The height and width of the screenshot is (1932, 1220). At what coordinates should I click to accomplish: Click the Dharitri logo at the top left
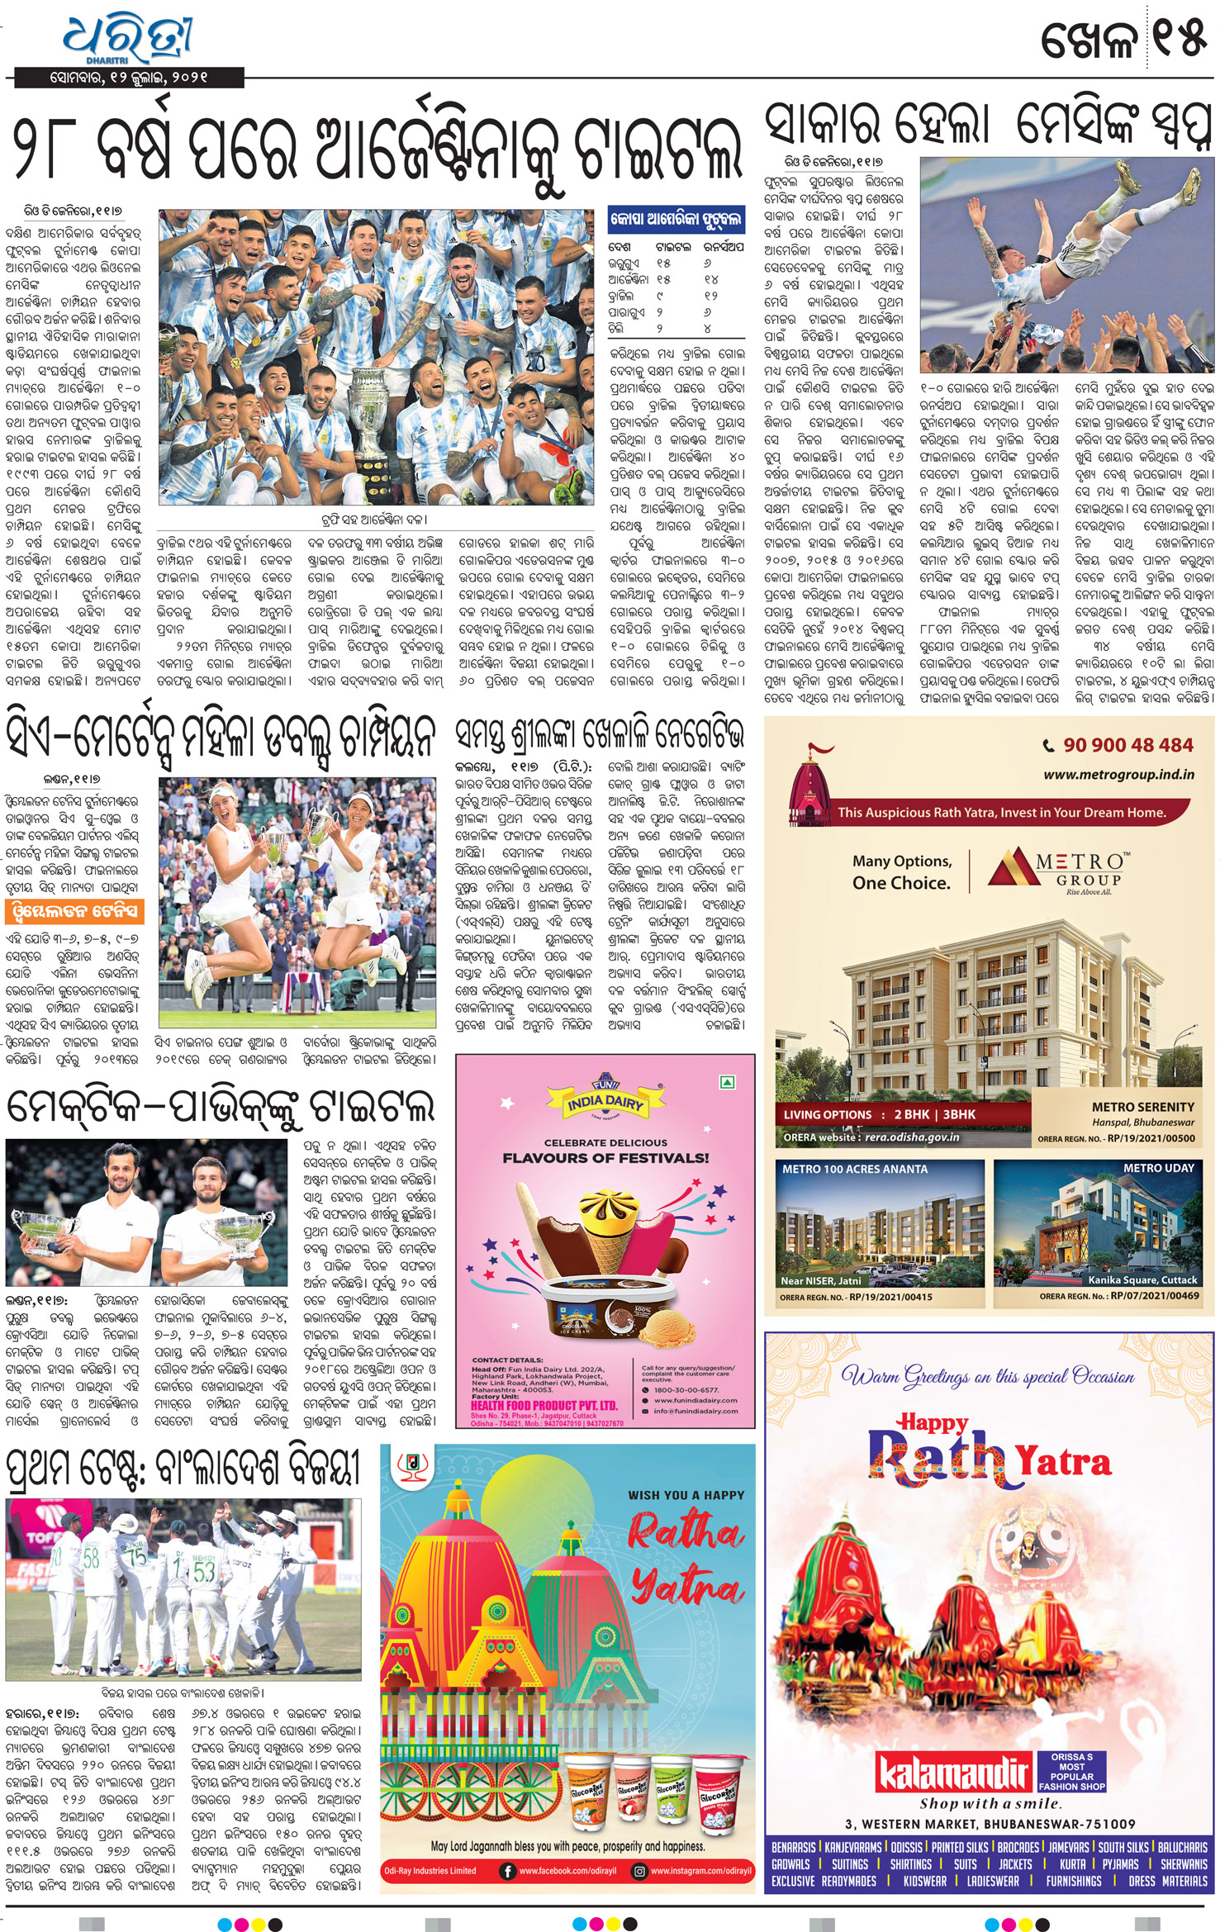click(x=128, y=37)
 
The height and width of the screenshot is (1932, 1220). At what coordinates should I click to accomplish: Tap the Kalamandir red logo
click(x=952, y=1772)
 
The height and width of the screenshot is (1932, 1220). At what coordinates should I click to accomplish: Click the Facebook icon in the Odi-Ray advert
click(x=506, y=1871)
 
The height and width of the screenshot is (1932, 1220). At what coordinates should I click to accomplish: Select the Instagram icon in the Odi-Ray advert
click(x=638, y=1871)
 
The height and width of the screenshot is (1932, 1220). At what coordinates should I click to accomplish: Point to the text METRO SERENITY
click(x=1142, y=1106)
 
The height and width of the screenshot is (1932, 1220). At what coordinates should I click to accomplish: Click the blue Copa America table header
click(x=676, y=219)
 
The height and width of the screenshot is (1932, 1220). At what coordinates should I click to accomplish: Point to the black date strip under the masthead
click(x=129, y=78)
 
